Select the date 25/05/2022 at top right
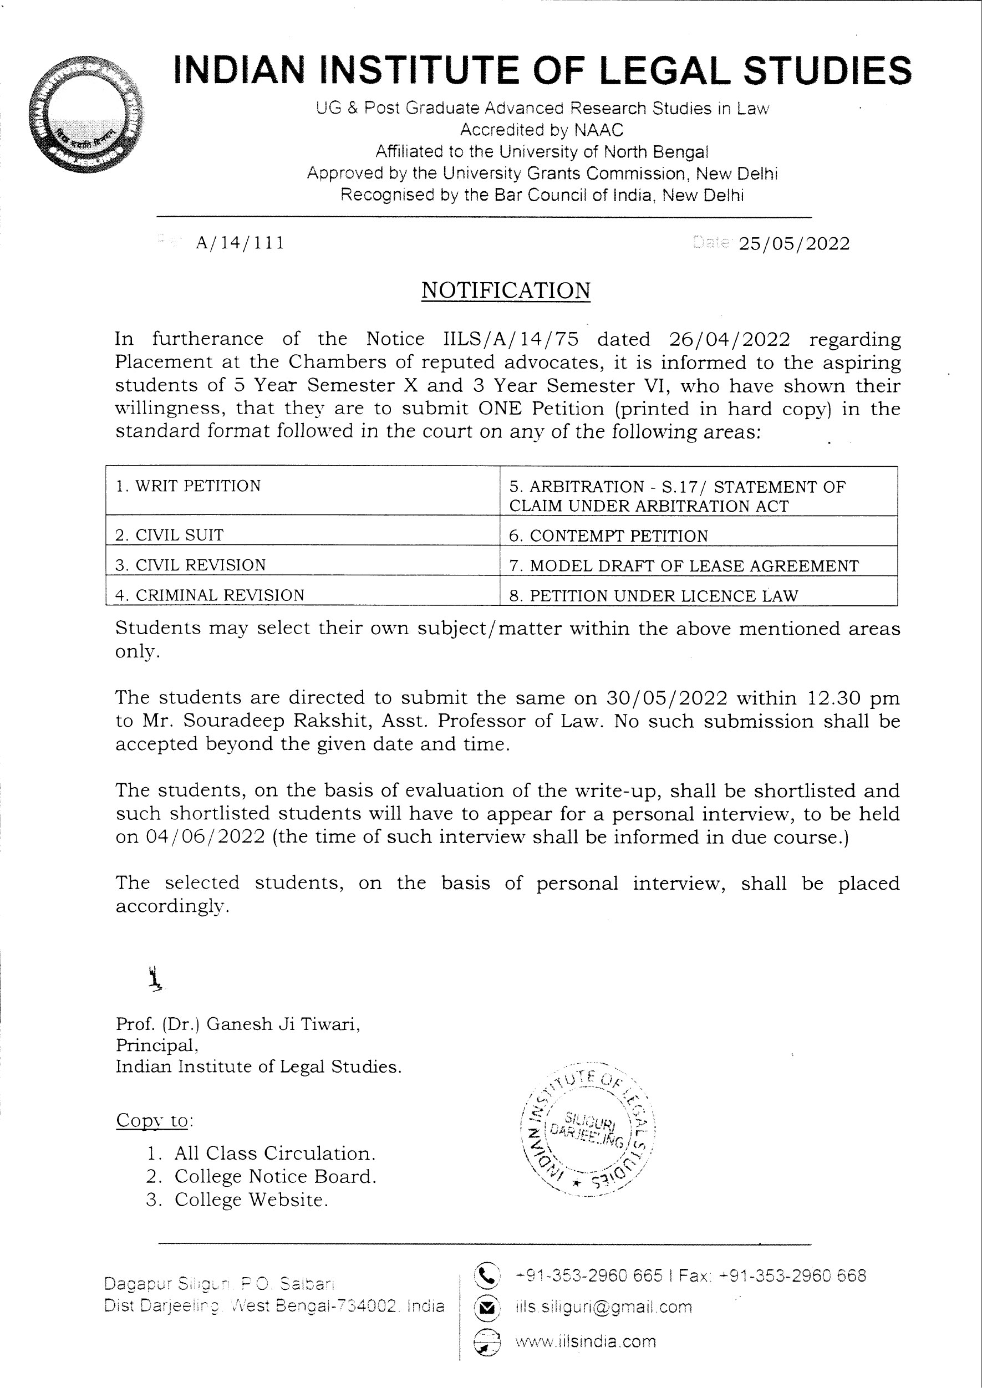tap(794, 244)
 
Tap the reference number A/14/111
tap(240, 243)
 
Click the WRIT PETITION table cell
tap(302, 490)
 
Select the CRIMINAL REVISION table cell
tap(302, 595)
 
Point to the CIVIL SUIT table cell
tap(302, 534)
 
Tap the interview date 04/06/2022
tap(206, 836)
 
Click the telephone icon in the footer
tap(487, 1275)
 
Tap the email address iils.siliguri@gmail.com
tap(603, 1308)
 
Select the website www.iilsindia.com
tap(585, 1341)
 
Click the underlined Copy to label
tap(154, 1120)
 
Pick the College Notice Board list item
tap(275, 1176)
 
